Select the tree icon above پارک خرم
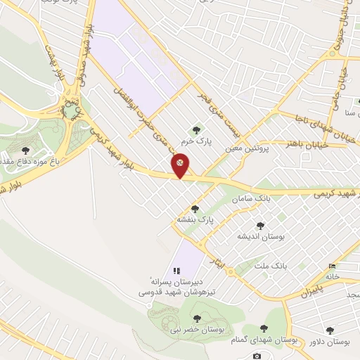click(x=195, y=129)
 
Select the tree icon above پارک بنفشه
click(x=195, y=209)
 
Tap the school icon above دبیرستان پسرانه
click(x=176, y=270)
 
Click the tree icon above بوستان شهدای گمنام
click(x=264, y=328)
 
